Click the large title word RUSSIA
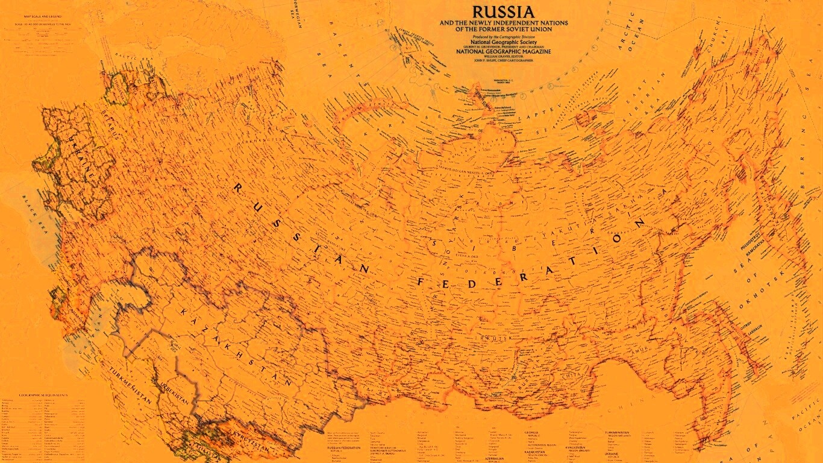coord(503,11)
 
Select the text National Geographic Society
coord(503,42)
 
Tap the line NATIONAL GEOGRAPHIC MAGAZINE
coord(503,52)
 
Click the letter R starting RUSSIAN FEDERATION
coord(237,189)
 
